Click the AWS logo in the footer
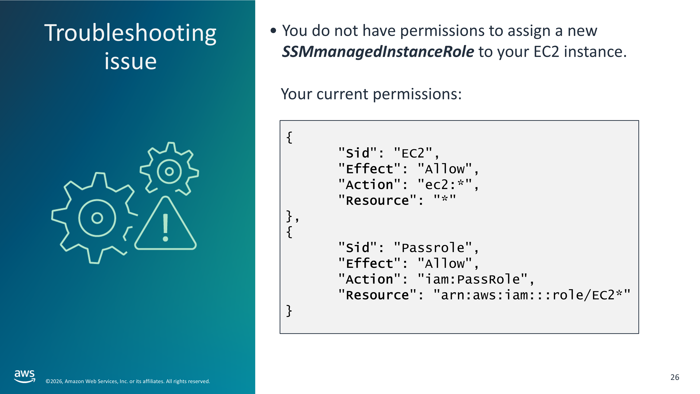point(24,376)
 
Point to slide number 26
point(675,377)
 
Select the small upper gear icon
point(169,169)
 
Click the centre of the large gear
point(97,218)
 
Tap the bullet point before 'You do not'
point(273,31)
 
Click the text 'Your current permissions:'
point(371,94)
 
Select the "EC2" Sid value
point(413,153)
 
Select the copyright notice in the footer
point(128,381)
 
